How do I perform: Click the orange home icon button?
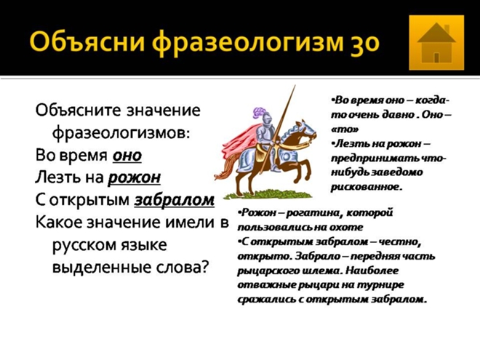(436, 43)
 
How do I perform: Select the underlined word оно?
(127, 155)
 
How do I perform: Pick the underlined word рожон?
(135, 178)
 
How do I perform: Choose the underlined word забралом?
(175, 200)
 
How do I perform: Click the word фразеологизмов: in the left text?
(121, 133)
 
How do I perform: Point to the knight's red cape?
(239, 142)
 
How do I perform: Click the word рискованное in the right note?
(366, 186)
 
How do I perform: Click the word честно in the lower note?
(400, 242)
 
